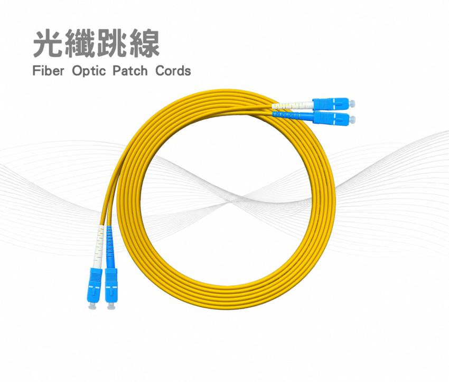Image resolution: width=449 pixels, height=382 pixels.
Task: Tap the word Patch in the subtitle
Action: click(130, 71)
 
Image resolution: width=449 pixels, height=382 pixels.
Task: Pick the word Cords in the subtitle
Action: click(173, 71)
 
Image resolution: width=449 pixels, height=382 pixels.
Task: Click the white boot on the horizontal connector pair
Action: click(292, 105)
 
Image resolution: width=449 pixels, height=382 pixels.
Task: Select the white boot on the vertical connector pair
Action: click(99, 246)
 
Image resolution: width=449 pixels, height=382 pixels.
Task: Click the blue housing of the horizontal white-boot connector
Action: click(331, 103)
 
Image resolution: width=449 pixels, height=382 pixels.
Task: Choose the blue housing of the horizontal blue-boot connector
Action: click(331, 117)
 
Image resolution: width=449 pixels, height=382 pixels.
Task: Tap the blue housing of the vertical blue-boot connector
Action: click(111, 285)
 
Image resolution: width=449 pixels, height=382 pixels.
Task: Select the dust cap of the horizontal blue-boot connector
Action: click(352, 118)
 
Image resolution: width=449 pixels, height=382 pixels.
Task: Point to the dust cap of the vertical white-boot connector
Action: click(92, 305)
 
